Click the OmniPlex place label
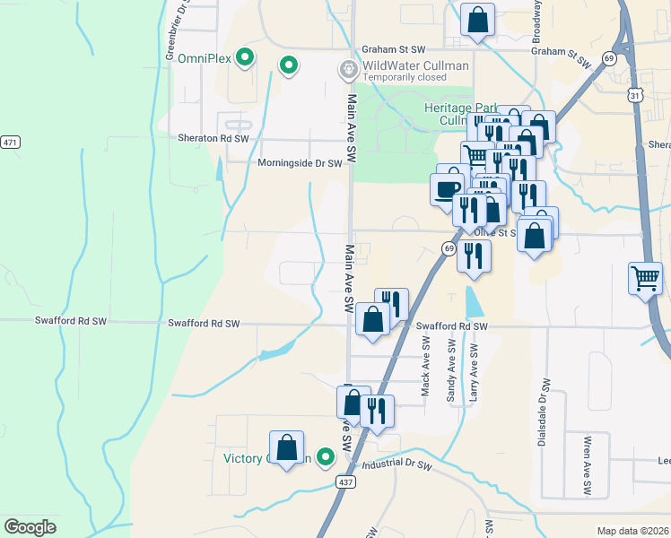205,59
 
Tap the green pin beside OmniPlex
244,59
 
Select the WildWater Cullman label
415,66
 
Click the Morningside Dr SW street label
300,163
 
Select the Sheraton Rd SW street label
208,139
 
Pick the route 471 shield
10,143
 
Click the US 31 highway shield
634,94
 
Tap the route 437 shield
347,482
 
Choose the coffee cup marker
448,189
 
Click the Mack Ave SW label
425,367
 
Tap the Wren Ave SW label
588,466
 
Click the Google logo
30,527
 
